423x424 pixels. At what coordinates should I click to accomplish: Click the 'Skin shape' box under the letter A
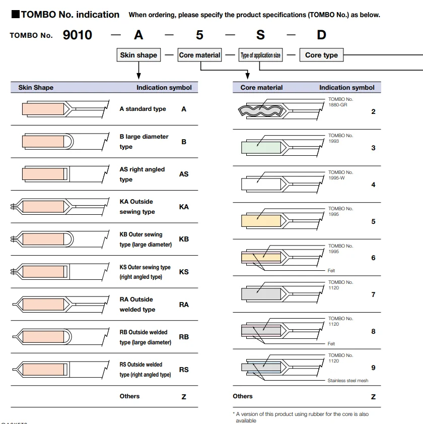tap(138, 55)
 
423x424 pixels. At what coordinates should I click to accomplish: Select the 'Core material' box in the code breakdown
tap(199, 55)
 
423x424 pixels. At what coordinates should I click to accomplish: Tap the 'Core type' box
tap(321, 55)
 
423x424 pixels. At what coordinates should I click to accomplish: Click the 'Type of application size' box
tap(261, 55)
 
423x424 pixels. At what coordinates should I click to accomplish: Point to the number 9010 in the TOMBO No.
tap(78, 35)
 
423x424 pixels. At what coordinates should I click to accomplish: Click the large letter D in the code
tap(321, 35)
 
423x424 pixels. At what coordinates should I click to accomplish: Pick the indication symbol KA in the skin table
tap(184, 207)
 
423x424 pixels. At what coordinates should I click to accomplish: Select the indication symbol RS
tap(184, 370)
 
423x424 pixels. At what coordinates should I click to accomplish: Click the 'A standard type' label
tap(143, 109)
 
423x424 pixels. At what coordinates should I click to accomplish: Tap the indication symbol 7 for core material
tap(373, 294)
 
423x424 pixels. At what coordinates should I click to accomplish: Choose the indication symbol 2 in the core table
tap(373, 111)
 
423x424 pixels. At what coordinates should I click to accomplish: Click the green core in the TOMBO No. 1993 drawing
tap(261, 148)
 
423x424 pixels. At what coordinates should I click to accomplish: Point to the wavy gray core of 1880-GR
tap(261, 110)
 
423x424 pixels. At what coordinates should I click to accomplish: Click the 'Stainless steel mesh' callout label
tap(348, 381)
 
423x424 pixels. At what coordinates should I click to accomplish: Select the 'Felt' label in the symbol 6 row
tap(331, 270)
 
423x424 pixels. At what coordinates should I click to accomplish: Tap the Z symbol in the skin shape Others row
tap(184, 397)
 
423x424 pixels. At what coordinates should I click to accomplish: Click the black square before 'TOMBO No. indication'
tap(16, 14)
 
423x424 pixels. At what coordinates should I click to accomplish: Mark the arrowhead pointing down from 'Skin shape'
tap(138, 76)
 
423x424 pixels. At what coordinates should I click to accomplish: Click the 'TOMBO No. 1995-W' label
tap(340, 175)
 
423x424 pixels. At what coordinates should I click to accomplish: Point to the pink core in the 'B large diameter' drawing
tap(43, 142)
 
